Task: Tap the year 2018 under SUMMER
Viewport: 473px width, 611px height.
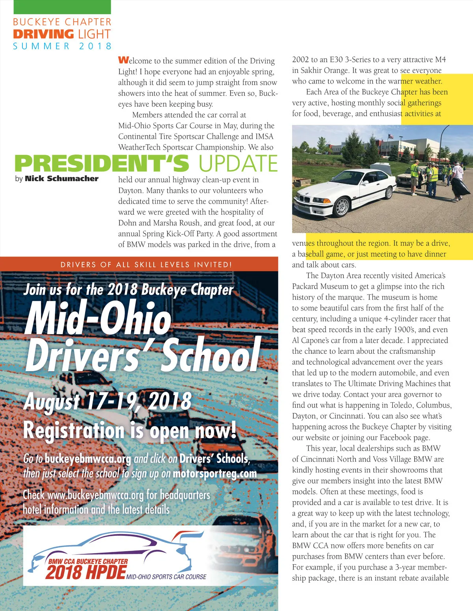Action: [x=95, y=46]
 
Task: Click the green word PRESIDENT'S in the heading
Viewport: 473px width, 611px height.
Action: [x=102, y=164]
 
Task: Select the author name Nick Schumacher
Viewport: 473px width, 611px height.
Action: [x=61, y=178]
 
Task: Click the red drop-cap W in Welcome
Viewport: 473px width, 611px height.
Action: [x=123, y=60]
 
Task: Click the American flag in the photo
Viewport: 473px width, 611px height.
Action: [x=390, y=136]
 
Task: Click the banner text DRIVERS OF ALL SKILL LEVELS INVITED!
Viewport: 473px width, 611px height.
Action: [x=146, y=265]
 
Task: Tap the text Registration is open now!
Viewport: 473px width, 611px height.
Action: [x=130, y=430]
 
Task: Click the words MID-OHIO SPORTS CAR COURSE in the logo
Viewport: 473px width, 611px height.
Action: [x=166, y=577]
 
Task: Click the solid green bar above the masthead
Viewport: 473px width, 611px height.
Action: [x=62, y=7]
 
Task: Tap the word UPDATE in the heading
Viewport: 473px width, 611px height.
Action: [x=238, y=164]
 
